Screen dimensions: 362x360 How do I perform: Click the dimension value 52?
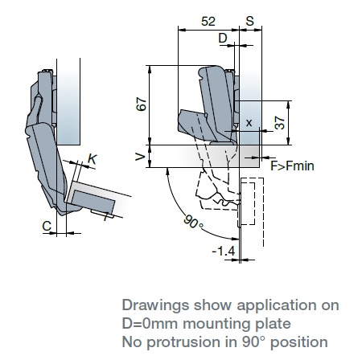point(208,21)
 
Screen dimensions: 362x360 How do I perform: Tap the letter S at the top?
point(249,21)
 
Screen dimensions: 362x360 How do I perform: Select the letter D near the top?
point(223,39)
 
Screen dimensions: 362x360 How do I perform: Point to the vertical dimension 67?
point(142,104)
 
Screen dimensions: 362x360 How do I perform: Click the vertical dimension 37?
point(279,123)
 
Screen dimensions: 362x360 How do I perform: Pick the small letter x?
point(249,123)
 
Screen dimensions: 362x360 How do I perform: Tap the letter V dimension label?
point(140,157)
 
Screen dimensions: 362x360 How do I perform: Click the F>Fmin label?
point(292,166)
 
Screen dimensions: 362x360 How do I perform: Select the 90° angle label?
point(193,222)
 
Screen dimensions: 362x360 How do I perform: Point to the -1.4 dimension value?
point(224,252)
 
